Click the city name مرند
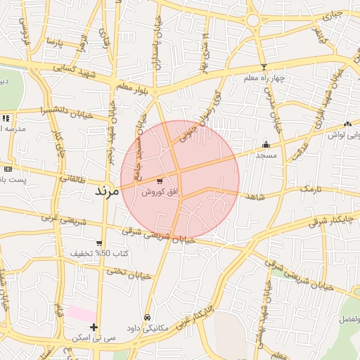[x=108, y=191]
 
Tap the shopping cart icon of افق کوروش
[x=160, y=181]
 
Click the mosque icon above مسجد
[x=266, y=143]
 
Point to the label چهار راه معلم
[x=264, y=78]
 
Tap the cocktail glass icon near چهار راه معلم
[x=264, y=67]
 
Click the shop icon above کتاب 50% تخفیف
[x=98, y=243]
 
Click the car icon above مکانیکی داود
[x=146, y=317]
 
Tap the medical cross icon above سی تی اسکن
[x=94, y=326]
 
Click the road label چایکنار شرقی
[x=332, y=221]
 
